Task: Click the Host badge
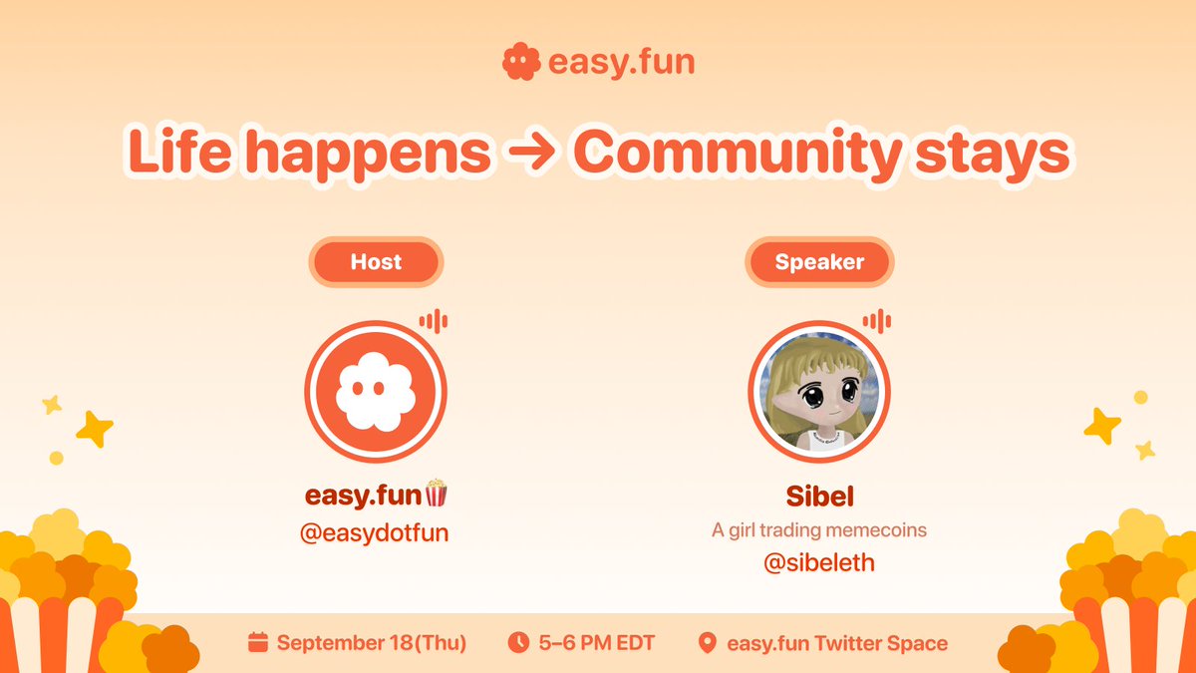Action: tap(376, 262)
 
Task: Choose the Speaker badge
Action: tap(819, 262)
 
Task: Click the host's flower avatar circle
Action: tap(376, 391)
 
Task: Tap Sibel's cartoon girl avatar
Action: tap(819, 391)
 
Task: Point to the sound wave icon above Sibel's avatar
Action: tap(876, 321)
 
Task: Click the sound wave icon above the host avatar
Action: tap(433, 321)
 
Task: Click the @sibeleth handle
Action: tap(819, 563)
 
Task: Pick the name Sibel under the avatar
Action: tap(819, 496)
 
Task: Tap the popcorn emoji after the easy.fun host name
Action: tap(437, 494)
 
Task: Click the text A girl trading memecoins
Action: tap(819, 530)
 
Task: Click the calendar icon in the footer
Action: tap(258, 643)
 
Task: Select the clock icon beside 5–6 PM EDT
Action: tap(517, 643)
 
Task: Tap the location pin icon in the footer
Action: tap(708, 643)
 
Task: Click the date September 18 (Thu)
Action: tap(371, 643)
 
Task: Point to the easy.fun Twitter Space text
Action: tap(837, 643)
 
